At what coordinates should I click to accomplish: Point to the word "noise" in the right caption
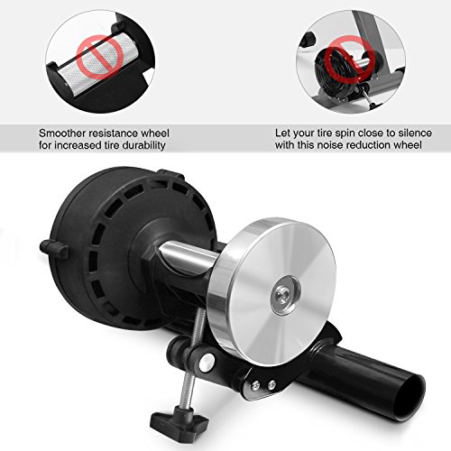[x=329, y=145]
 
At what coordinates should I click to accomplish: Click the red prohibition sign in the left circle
[x=99, y=57]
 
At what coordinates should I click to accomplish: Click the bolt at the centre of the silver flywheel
[x=286, y=295]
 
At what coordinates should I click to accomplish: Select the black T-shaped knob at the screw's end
[x=179, y=419]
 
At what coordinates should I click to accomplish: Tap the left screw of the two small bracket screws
[x=255, y=386]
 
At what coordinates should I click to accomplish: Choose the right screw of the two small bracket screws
[x=272, y=383]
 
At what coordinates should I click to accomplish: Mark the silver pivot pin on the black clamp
[x=207, y=362]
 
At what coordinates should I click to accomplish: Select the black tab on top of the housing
[x=170, y=174]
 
